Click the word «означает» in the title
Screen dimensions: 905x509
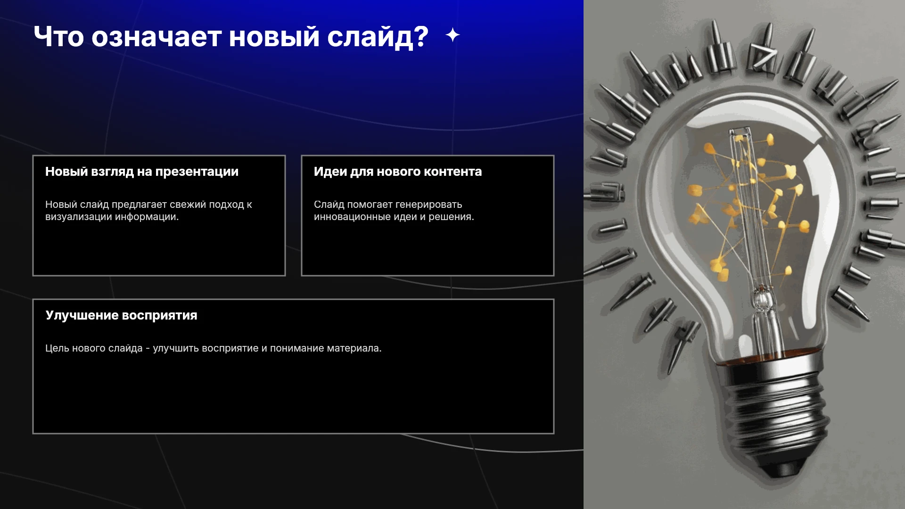[156, 37]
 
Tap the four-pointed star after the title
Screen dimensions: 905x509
[453, 35]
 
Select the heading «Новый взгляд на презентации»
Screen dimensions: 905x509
[142, 172]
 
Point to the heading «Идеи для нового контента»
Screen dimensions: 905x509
[398, 172]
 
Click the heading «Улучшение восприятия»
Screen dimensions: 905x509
[121, 315]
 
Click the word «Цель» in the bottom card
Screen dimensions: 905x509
[57, 348]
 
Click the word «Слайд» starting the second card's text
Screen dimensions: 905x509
[329, 205]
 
